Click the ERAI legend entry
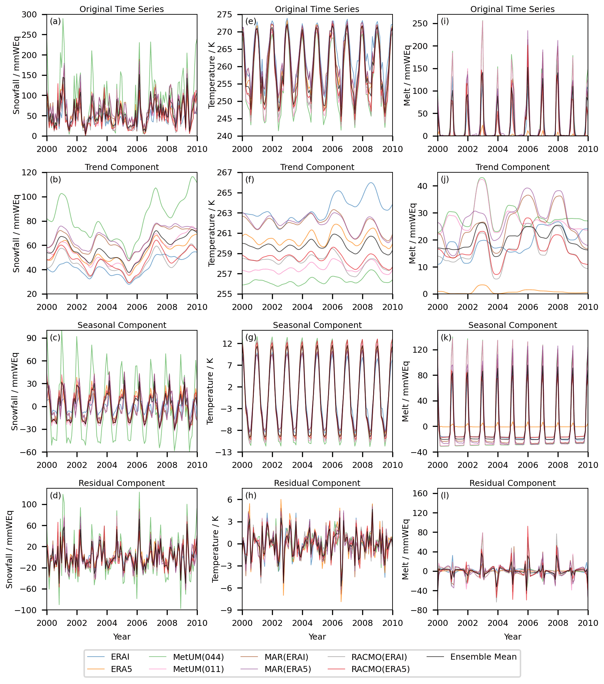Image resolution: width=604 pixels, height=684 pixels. point(120,657)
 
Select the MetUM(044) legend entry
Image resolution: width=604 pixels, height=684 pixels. point(198,657)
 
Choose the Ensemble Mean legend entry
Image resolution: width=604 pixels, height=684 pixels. point(483,657)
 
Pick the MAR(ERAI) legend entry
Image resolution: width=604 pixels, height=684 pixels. point(286,657)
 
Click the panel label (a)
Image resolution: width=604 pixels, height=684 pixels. point(55,21)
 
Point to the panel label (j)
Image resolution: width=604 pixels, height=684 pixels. point(445,179)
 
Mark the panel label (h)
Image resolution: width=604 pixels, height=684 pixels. point(251,495)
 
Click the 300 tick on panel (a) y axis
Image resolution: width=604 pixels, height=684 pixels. point(29,14)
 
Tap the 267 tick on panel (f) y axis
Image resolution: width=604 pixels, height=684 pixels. point(224,172)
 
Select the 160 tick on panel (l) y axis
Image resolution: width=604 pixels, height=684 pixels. point(420,493)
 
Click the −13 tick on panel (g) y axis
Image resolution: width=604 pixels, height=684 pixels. point(223,452)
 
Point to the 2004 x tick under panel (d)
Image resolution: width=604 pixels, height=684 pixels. point(107,623)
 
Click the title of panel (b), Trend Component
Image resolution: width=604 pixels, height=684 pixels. point(122,167)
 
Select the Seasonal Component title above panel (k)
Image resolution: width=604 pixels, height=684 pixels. point(512,325)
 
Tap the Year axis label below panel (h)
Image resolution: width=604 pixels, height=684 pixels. point(317,637)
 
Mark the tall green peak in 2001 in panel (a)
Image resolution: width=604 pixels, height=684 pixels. point(62,19)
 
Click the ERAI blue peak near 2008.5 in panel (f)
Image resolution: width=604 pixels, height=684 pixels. point(370,183)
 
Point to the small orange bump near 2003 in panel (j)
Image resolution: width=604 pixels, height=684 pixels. point(481,285)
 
